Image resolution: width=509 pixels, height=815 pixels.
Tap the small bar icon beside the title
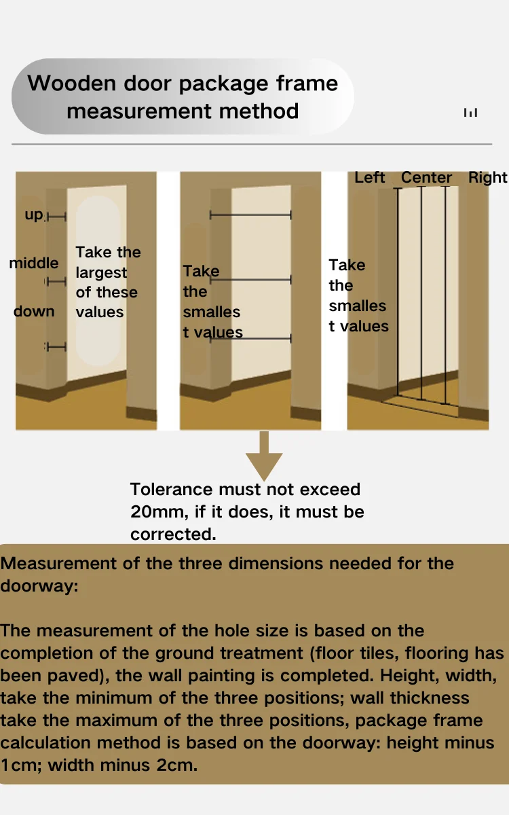click(470, 113)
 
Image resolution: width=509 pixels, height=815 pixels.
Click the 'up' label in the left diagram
click(34, 215)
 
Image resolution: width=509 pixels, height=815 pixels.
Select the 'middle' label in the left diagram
click(34, 263)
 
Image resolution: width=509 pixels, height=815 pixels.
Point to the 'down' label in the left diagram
click(34, 311)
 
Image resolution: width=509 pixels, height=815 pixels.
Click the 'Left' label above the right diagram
click(370, 177)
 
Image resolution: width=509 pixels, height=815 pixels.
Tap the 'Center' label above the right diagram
click(426, 177)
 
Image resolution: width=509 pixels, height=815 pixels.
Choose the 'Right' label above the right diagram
click(487, 177)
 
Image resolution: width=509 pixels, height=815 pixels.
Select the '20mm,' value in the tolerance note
click(155, 511)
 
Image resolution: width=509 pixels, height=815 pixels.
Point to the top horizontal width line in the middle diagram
click(250, 215)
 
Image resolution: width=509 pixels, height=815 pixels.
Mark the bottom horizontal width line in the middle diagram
click(250, 338)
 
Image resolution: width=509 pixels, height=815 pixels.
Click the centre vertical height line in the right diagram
click(421, 292)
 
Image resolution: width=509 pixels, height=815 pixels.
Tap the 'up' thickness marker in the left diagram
click(56, 217)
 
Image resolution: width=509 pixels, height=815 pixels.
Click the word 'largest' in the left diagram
click(101, 272)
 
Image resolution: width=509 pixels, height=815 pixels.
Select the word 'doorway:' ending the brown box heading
click(39, 585)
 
